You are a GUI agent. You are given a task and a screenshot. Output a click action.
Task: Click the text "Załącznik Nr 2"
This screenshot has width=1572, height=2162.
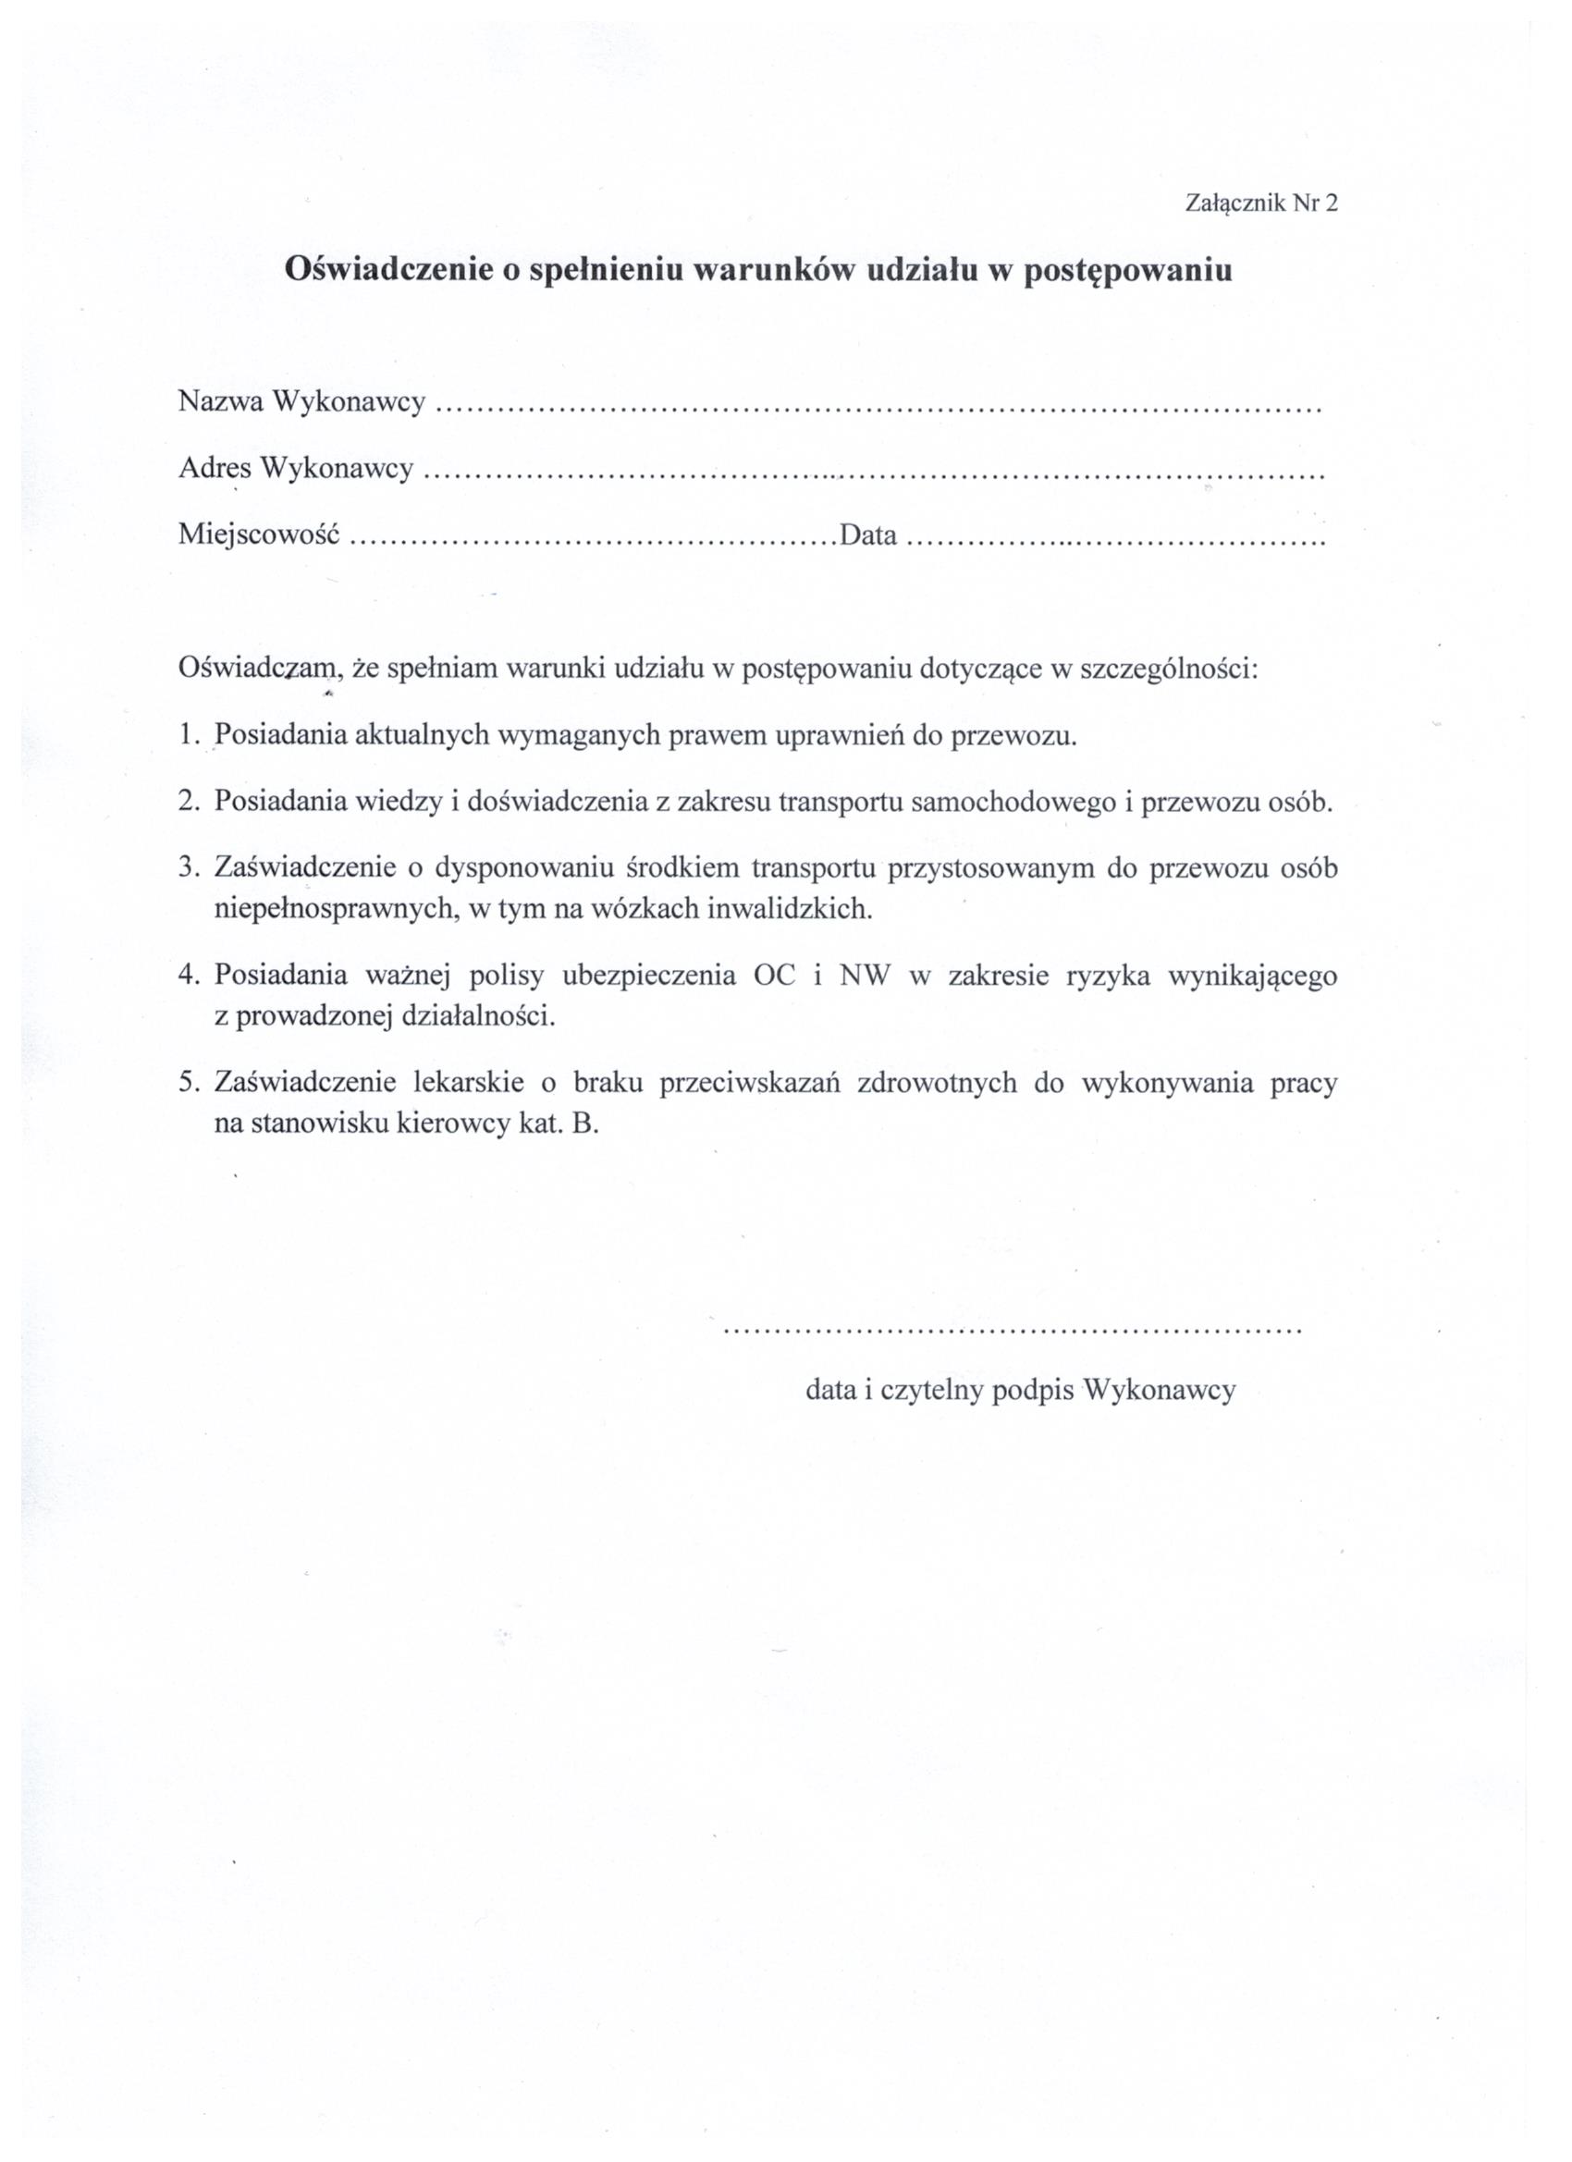tap(1261, 203)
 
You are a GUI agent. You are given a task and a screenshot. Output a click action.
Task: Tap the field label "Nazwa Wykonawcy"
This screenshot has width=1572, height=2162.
tap(301, 403)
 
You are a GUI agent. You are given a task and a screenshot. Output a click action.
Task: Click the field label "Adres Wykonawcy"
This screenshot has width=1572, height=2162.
tap(296, 469)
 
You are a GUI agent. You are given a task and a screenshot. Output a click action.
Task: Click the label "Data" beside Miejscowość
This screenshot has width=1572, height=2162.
tap(867, 535)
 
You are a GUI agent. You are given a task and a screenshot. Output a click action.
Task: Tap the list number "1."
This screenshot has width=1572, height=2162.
tap(188, 736)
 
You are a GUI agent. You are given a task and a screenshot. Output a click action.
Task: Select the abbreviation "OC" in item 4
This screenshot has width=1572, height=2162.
tap(774, 977)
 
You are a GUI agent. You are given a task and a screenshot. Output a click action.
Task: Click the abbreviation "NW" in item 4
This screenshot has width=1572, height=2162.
tap(863, 977)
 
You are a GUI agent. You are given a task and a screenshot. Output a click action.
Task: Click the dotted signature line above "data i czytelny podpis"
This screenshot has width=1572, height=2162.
tap(1013, 1330)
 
